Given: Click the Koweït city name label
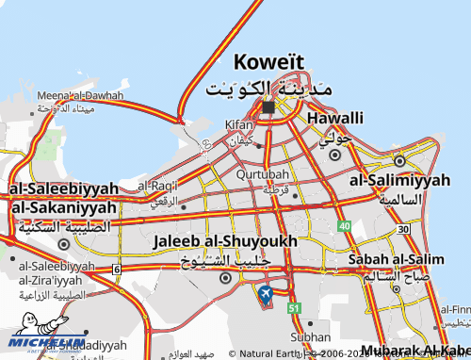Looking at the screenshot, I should pos(270,62).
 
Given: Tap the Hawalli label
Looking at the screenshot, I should pos(333,118).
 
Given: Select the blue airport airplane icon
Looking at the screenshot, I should pos(265,293).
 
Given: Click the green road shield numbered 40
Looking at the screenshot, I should pos(345,226).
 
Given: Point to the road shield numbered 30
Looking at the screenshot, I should pos(402,229).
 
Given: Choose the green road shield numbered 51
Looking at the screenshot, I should pos(294,308).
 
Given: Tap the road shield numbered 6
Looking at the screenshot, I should pos(116,270).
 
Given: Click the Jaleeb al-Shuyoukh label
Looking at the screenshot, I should pos(224,241).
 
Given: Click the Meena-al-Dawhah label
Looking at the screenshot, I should pos(80,95).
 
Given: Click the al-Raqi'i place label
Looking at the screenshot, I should pos(157,186).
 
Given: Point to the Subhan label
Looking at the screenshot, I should pos(311,336).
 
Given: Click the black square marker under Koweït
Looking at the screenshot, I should pos(268,106).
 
